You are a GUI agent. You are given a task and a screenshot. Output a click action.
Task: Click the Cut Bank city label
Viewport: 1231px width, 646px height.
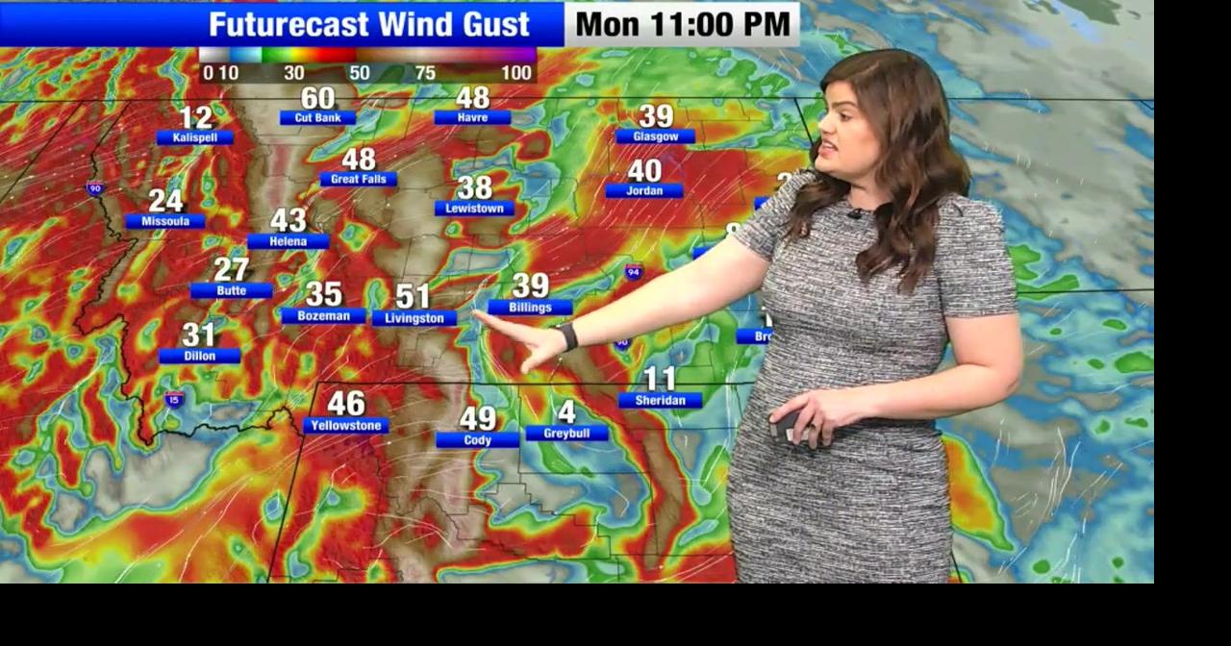(x=317, y=117)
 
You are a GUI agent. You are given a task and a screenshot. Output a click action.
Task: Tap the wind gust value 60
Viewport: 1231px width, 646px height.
(x=317, y=98)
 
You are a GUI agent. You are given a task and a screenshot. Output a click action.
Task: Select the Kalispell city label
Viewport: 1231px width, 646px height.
(x=195, y=137)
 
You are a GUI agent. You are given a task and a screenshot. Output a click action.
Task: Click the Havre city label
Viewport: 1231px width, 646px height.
(x=472, y=117)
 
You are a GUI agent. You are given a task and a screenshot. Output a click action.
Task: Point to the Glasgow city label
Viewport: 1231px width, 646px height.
(x=655, y=137)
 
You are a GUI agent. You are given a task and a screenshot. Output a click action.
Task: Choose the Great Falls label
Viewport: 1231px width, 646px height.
(x=358, y=179)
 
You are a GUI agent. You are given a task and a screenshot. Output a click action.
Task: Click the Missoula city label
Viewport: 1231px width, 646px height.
(x=165, y=221)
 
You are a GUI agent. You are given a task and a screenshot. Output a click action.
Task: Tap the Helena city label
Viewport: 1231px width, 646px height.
(x=288, y=241)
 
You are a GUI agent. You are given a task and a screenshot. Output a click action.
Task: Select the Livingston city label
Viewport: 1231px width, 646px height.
(x=415, y=318)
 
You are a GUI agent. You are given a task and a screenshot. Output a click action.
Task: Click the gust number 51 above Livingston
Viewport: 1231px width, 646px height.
(x=413, y=297)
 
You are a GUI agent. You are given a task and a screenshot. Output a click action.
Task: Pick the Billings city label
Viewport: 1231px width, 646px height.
(x=530, y=308)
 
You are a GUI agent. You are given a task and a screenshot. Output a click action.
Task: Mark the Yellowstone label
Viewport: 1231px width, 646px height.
(x=346, y=425)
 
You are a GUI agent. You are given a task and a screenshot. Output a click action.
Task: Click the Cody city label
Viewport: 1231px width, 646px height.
(x=477, y=439)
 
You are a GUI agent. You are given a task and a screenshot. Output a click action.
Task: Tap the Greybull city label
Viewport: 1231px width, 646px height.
(x=566, y=434)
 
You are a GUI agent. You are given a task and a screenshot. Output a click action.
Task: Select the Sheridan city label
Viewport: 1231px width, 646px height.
(x=660, y=400)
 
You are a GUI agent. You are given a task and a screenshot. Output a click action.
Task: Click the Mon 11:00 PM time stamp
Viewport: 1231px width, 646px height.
(x=682, y=25)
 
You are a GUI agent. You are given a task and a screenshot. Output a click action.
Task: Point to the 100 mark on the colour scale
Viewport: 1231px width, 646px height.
(x=516, y=73)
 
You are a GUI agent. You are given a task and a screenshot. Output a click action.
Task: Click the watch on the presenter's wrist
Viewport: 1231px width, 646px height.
(x=568, y=335)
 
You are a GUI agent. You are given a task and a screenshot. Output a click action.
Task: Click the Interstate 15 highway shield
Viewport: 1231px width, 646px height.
(x=174, y=399)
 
